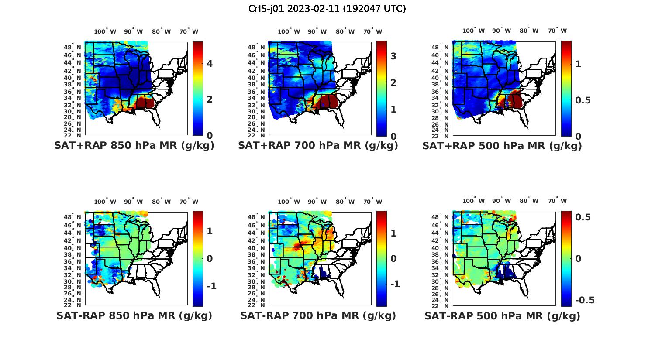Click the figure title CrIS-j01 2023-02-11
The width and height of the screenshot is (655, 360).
click(327, 9)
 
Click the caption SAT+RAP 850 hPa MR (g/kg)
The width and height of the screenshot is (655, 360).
click(134, 146)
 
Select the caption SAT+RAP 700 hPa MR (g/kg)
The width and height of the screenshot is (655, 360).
click(318, 146)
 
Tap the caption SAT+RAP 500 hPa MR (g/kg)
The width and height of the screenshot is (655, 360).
click(502, 146)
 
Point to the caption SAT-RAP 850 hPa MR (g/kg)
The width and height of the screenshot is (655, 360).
click(134, 315)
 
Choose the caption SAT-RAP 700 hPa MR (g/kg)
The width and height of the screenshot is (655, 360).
click(318, 315)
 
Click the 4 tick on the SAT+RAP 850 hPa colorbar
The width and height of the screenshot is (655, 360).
click(210, 64)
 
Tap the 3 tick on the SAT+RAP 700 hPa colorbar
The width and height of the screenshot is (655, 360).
click(393, 56)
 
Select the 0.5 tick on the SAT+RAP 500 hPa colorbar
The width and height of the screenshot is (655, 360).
click(583, 100)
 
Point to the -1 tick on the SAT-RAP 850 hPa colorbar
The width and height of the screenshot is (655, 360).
click(211, 286)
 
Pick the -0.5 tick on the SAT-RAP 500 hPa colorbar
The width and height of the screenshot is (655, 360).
click(585, 300)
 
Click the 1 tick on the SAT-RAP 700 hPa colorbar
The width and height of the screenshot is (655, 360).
click(393, 233)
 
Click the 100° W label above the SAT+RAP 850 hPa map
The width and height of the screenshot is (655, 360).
click(105, 31)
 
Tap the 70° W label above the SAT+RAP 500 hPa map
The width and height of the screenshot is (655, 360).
click(558, 31)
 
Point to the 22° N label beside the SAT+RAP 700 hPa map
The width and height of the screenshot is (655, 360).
click(257, 136)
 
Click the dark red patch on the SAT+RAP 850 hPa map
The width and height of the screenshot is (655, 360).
click(146, 103)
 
